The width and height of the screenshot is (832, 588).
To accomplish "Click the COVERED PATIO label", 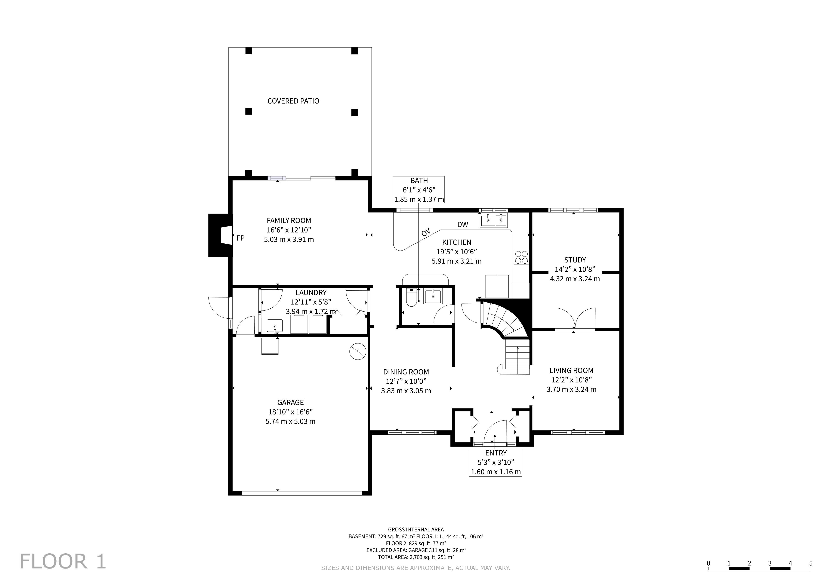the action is click(293, 101).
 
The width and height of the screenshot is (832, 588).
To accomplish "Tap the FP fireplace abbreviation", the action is click(241, 238).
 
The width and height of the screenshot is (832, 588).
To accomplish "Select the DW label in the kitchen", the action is click(463, 225).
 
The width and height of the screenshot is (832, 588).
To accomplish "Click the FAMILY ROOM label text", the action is click(289, 220).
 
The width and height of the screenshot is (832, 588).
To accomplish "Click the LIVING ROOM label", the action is click(571, 370).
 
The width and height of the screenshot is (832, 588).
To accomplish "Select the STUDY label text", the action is click(575, 260).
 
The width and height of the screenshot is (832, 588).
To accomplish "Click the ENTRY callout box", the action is click(495, 463).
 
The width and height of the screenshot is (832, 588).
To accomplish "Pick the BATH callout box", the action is click(419, 190).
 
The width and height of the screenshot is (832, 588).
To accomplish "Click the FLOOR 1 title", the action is click(63, 562).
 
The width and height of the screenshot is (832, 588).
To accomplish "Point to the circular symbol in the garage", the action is click(358, 352).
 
